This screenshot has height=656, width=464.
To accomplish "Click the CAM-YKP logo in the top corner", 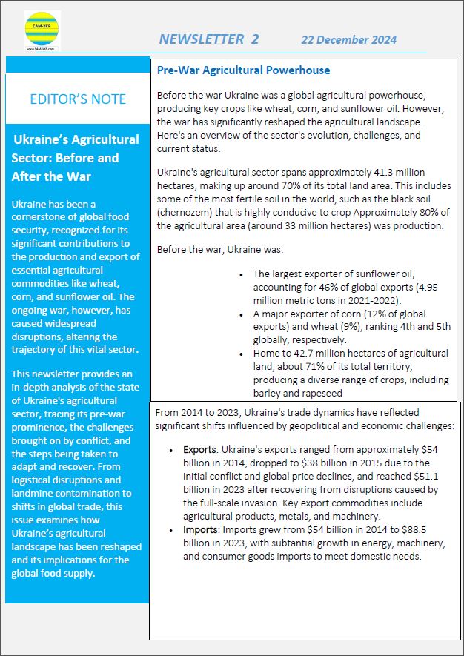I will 42,31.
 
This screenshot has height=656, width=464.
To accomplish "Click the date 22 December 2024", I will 348,40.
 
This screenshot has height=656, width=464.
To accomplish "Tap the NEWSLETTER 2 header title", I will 209,39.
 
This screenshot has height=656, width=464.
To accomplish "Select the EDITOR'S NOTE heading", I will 78,99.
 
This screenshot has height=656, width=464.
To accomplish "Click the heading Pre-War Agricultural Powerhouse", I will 244,70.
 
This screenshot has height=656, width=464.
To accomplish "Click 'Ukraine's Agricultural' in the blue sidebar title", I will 76,139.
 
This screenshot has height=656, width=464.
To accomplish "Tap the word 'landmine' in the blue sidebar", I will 36,492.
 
